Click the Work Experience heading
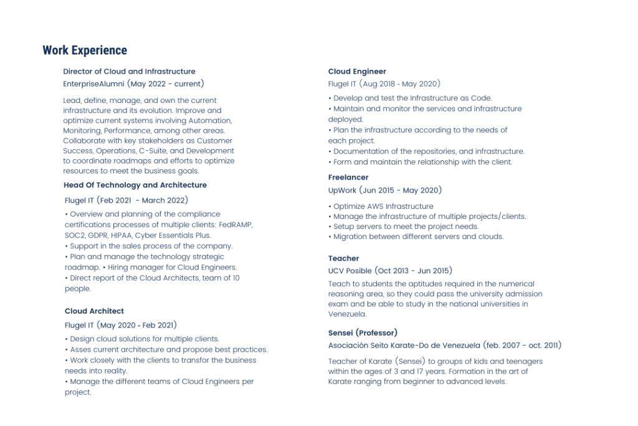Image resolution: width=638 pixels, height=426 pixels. coord(85,51)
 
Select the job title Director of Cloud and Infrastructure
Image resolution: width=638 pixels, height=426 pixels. coord(129,72)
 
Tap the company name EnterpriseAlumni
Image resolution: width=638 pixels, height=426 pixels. coord(93,84)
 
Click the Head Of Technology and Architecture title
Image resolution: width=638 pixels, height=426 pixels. coord(135,185)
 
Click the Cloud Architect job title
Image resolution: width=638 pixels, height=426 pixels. coord(94,311)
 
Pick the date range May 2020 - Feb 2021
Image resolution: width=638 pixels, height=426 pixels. coord(137,325)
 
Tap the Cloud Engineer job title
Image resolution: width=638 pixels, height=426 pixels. coord(357,72)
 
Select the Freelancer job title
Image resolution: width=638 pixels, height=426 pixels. coord(348,178)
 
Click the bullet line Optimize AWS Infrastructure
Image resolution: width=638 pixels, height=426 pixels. coord(383,206)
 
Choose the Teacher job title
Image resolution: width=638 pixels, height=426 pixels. coord(343,258)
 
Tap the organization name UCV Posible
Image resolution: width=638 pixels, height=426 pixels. coord(350,271)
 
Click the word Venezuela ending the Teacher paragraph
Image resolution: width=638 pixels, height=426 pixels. coord(347,314)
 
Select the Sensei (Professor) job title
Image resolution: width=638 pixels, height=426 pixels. coord(363,333)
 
